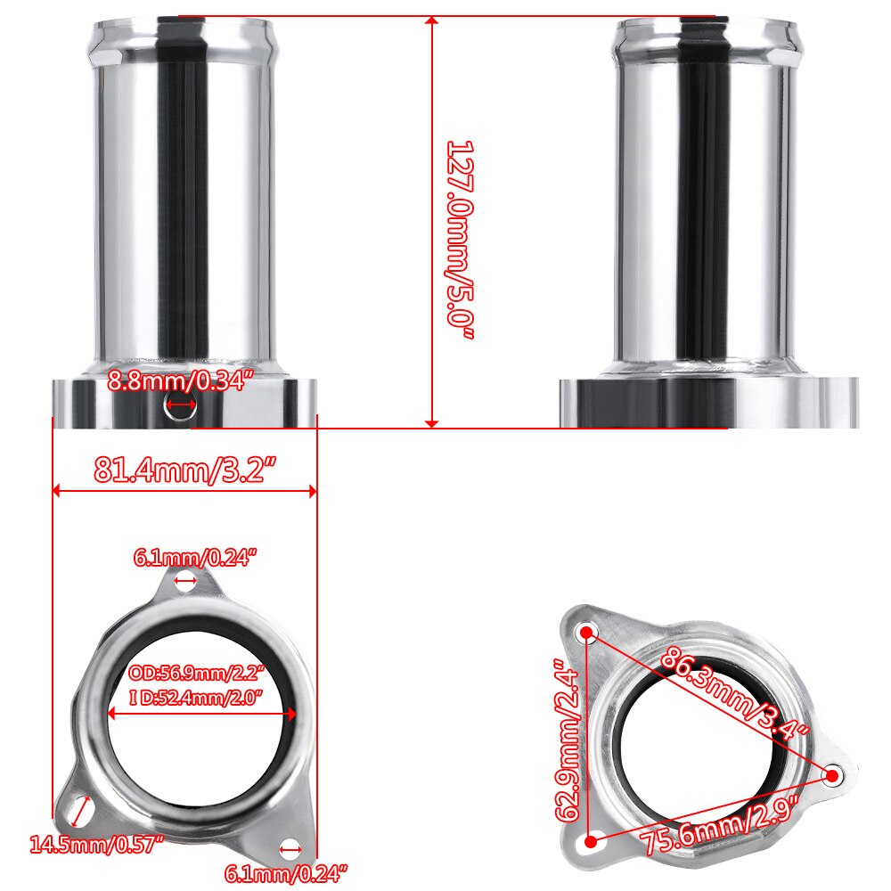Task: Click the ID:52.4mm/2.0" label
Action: [x=198, y=698]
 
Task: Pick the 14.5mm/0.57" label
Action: [x=95, y=842]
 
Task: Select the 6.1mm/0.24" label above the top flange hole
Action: [x=195, y=558]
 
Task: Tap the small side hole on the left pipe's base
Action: [x=181, y=405]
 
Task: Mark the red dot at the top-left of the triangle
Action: [x=586, y=633]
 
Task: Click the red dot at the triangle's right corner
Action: [x=832, y=775]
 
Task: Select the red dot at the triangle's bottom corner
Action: [x=589, y=839]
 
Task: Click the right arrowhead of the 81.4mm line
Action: [x=312, y=490]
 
